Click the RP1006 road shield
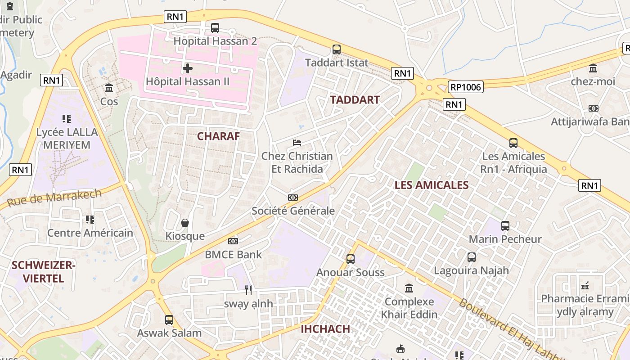tap(465, 87)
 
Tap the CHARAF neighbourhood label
tap(218, 136)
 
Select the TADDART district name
tap(355, 100)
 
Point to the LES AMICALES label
tap(432, 185)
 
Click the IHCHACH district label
tap(325, 328)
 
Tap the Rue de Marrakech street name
tap(54, 198)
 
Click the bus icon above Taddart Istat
tap(337, 49)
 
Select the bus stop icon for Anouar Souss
tap(350, 259)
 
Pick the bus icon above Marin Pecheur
tap(505, 226)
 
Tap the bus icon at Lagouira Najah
tap(471, 257)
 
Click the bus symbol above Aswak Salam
tap(169, 320)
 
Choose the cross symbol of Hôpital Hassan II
tap(188, 68)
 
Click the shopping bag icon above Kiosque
tap(184, 223)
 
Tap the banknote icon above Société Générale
tap(292, 198)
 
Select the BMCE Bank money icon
tap(233, 241)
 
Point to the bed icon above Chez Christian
tap(297, 143)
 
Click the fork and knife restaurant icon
tap(248, 290)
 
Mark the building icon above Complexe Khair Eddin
tap(409, 288)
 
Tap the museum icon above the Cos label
tap(108, 88)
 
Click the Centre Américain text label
tap(90, 233)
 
